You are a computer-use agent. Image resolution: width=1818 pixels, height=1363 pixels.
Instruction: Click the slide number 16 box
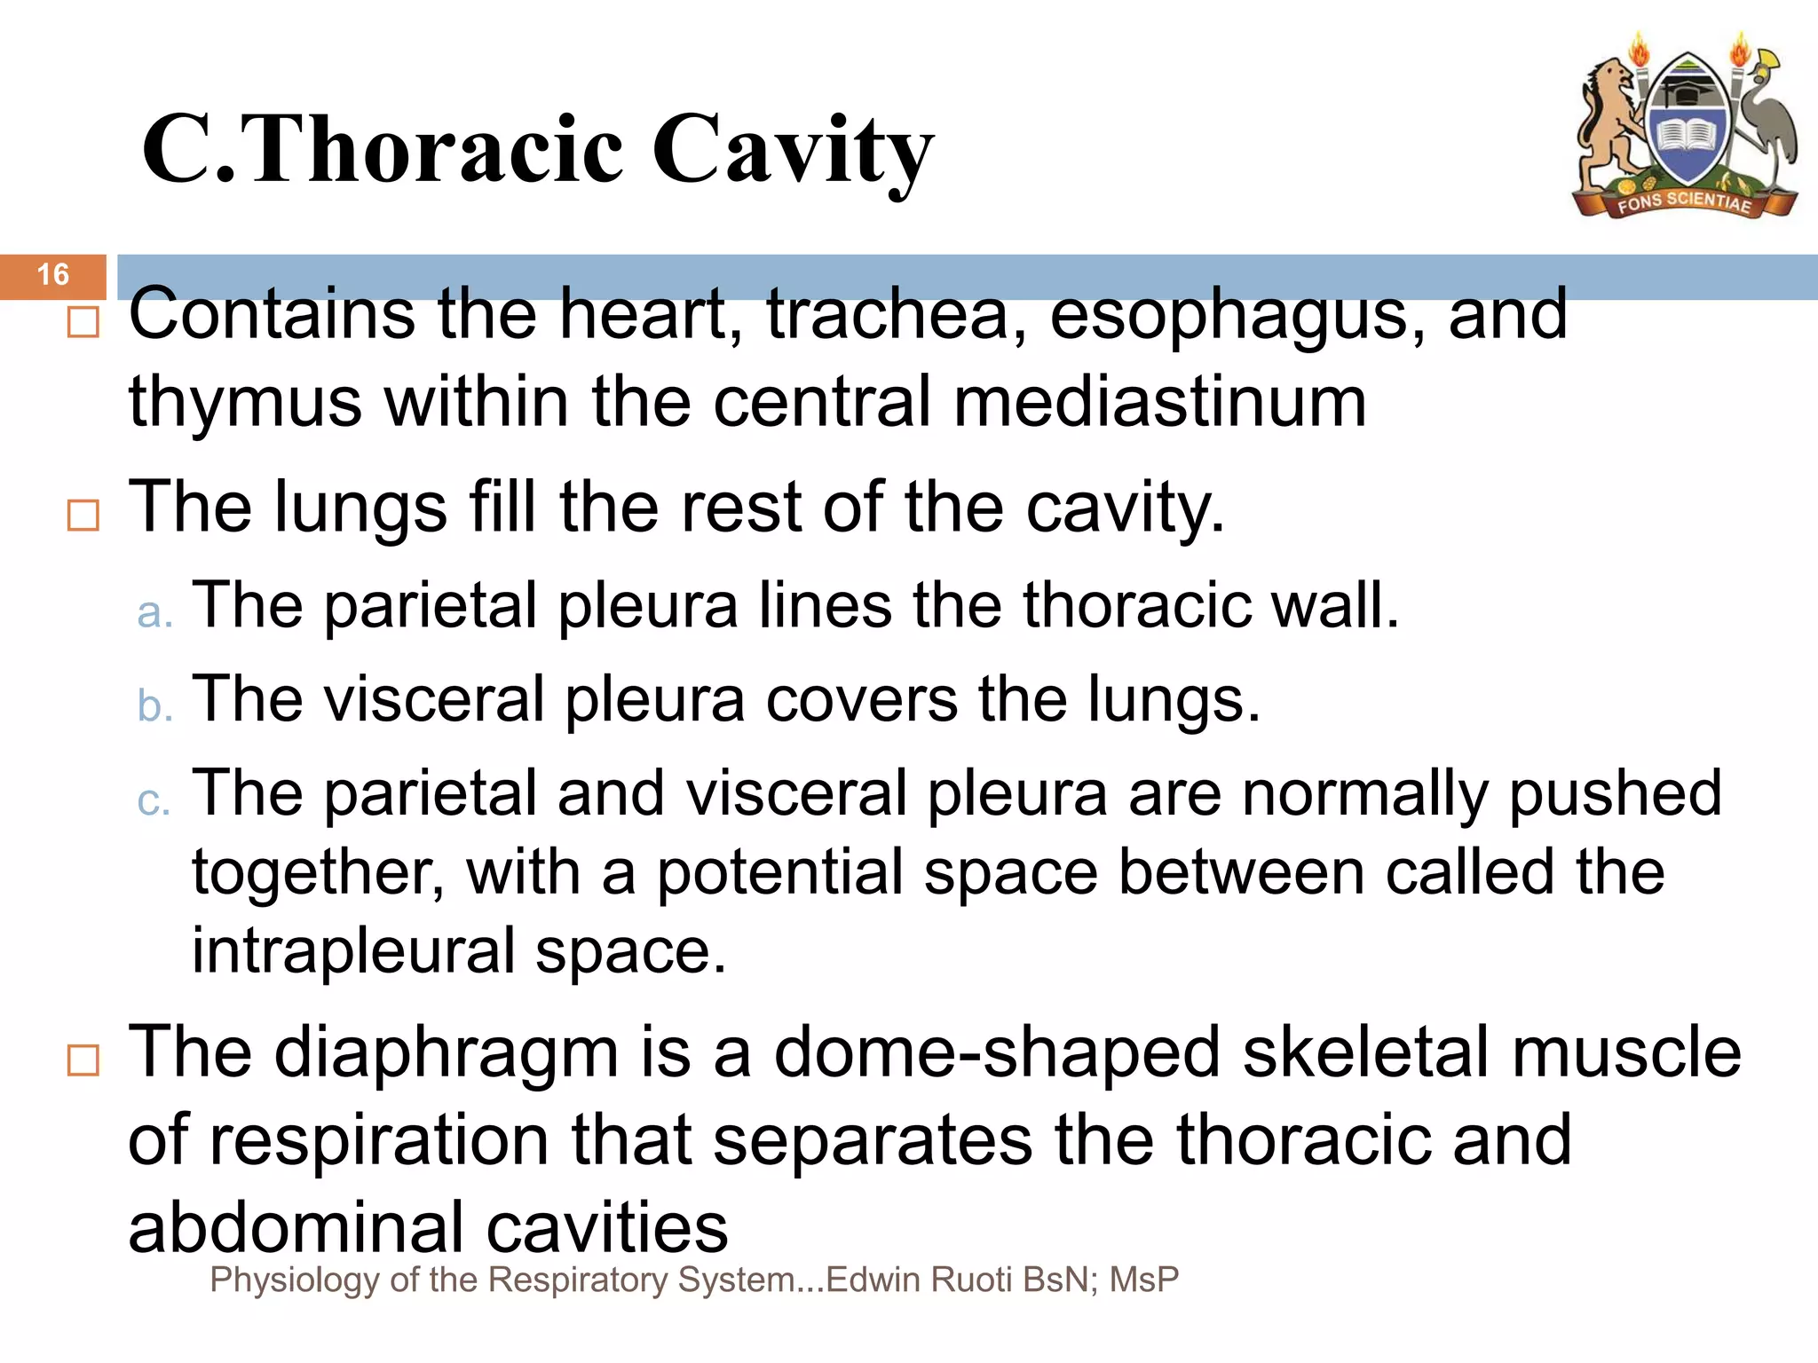pos(53,275)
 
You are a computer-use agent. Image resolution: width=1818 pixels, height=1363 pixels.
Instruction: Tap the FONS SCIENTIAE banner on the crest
pos(1684,202)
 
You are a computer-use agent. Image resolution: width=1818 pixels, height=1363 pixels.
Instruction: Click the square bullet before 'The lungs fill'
pos(83,515)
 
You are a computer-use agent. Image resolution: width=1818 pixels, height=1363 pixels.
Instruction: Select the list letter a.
pos(154,613)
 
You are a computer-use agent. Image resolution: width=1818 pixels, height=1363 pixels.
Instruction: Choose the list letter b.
pos(154,706)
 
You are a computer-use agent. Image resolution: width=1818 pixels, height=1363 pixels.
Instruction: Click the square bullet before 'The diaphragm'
pos(83,1060)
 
